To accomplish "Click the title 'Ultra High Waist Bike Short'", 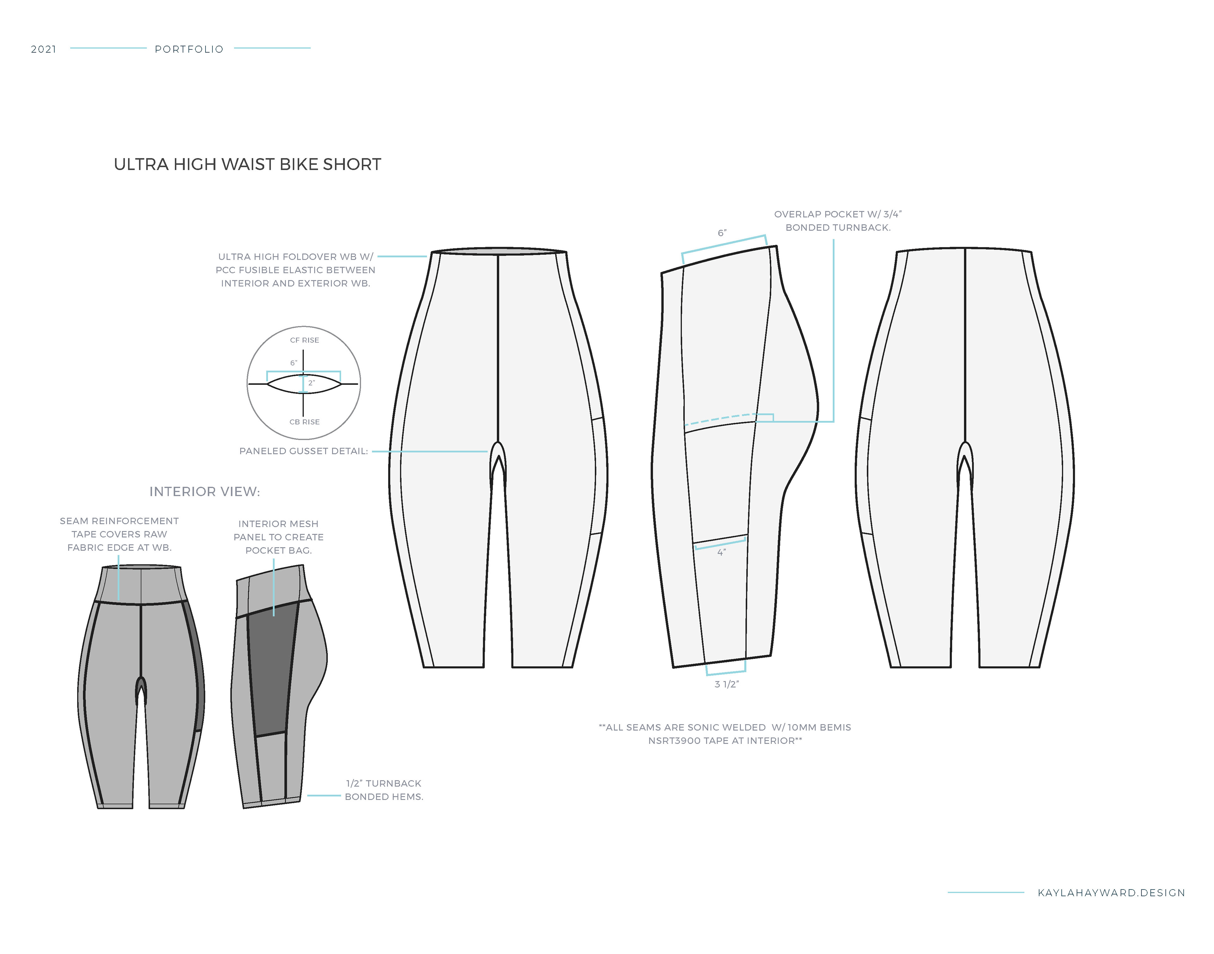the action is (247, 164).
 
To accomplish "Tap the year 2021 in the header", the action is (44, 49).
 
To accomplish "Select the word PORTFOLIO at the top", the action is (189, 49).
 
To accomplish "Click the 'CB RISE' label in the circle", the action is (304, 422).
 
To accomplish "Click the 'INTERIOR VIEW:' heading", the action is (204, 491).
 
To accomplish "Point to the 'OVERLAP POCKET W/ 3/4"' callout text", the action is (837, 214).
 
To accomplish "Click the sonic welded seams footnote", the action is (725, 734).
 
